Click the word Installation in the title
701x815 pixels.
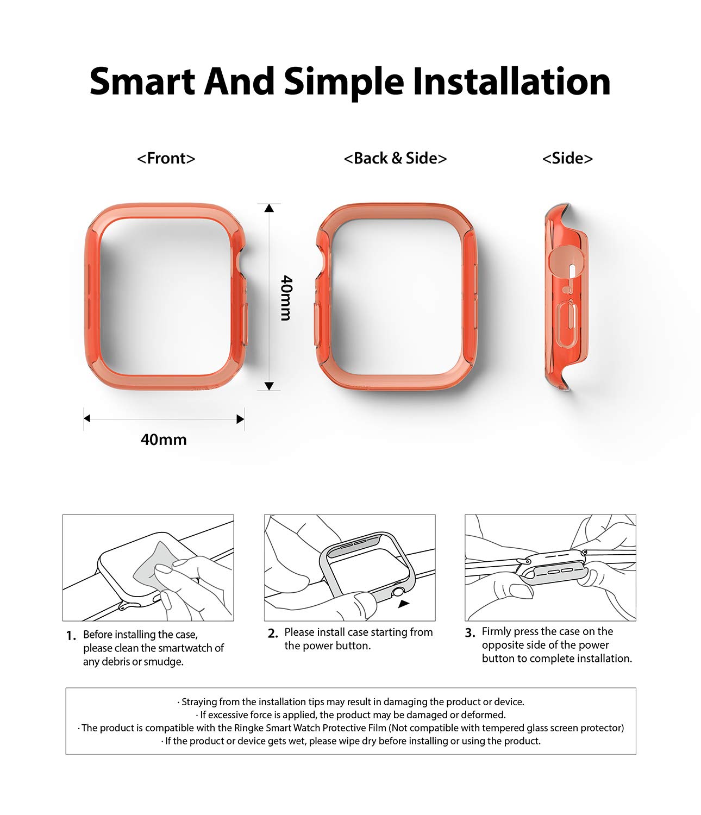pos(512,81)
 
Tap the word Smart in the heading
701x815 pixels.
pos(142,81)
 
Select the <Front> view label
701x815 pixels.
pos(166,159)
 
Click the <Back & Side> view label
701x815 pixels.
pos(395,159)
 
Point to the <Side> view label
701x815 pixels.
pos(567,159)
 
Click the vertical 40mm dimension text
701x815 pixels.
pos(286,298)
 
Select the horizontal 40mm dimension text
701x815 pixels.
pos(164,440)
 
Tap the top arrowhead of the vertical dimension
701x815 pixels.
pos(269,208)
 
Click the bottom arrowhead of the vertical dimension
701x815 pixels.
pos(269,386)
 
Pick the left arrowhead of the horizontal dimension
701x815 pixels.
pos(87,418)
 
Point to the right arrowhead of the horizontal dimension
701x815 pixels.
pos(240,419)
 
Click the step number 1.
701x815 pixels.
pos(71,636)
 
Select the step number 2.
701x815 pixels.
pos(273,634)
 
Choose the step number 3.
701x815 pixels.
pos(470,633)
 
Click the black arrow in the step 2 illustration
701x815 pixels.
pos(404,604)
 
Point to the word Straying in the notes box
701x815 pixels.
pos(199,702)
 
